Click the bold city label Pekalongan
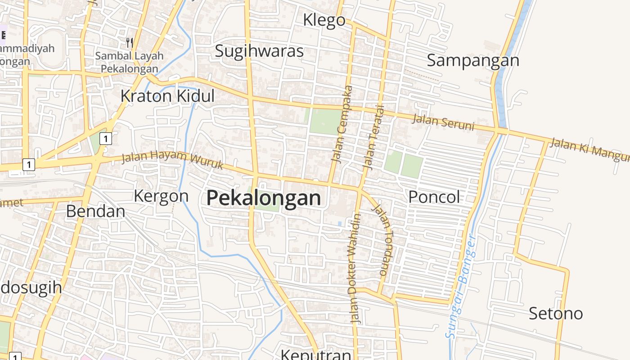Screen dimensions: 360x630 click(264, 198)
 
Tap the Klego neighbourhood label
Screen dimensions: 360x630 click(324, 20)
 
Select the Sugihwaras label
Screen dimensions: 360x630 click(259, 51)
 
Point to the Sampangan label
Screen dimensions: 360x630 click(473, 60)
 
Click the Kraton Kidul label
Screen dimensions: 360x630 click(167, 96)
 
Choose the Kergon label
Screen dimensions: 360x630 click(161, 196)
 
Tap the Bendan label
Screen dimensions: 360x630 click(95, 211)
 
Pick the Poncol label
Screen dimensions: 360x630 click(434, 197)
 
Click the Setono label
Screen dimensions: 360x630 click(556, 313)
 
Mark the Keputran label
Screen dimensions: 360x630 click(316, 354)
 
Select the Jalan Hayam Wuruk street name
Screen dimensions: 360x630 click(173, 160)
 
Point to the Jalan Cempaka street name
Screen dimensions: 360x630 click(342, 123)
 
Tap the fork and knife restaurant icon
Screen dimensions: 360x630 click(130, 43)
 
